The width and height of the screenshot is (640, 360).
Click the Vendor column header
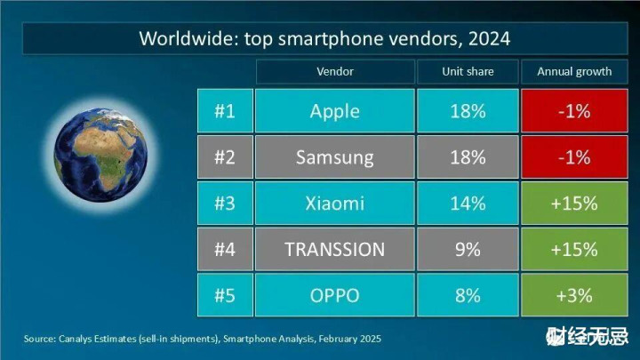334,71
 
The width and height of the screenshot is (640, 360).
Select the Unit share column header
468,71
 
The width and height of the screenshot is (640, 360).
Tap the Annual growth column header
573,71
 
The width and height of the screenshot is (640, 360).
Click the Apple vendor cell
334,111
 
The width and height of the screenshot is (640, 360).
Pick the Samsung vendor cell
334,157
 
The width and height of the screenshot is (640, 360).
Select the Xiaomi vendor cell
334,204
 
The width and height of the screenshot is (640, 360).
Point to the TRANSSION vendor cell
334,250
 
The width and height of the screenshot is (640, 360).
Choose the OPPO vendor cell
334,295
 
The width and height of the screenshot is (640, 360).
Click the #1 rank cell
224,111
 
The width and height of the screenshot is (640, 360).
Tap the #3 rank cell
224,204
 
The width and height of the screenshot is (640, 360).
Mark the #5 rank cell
224,295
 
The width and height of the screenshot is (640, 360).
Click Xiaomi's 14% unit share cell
468,204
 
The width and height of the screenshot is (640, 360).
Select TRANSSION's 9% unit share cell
468,250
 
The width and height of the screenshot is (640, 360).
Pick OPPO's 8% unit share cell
468,295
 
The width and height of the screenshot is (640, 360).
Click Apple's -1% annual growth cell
573,111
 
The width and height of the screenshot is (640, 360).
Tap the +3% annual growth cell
573,295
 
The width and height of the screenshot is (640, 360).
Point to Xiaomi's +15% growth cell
573,204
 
